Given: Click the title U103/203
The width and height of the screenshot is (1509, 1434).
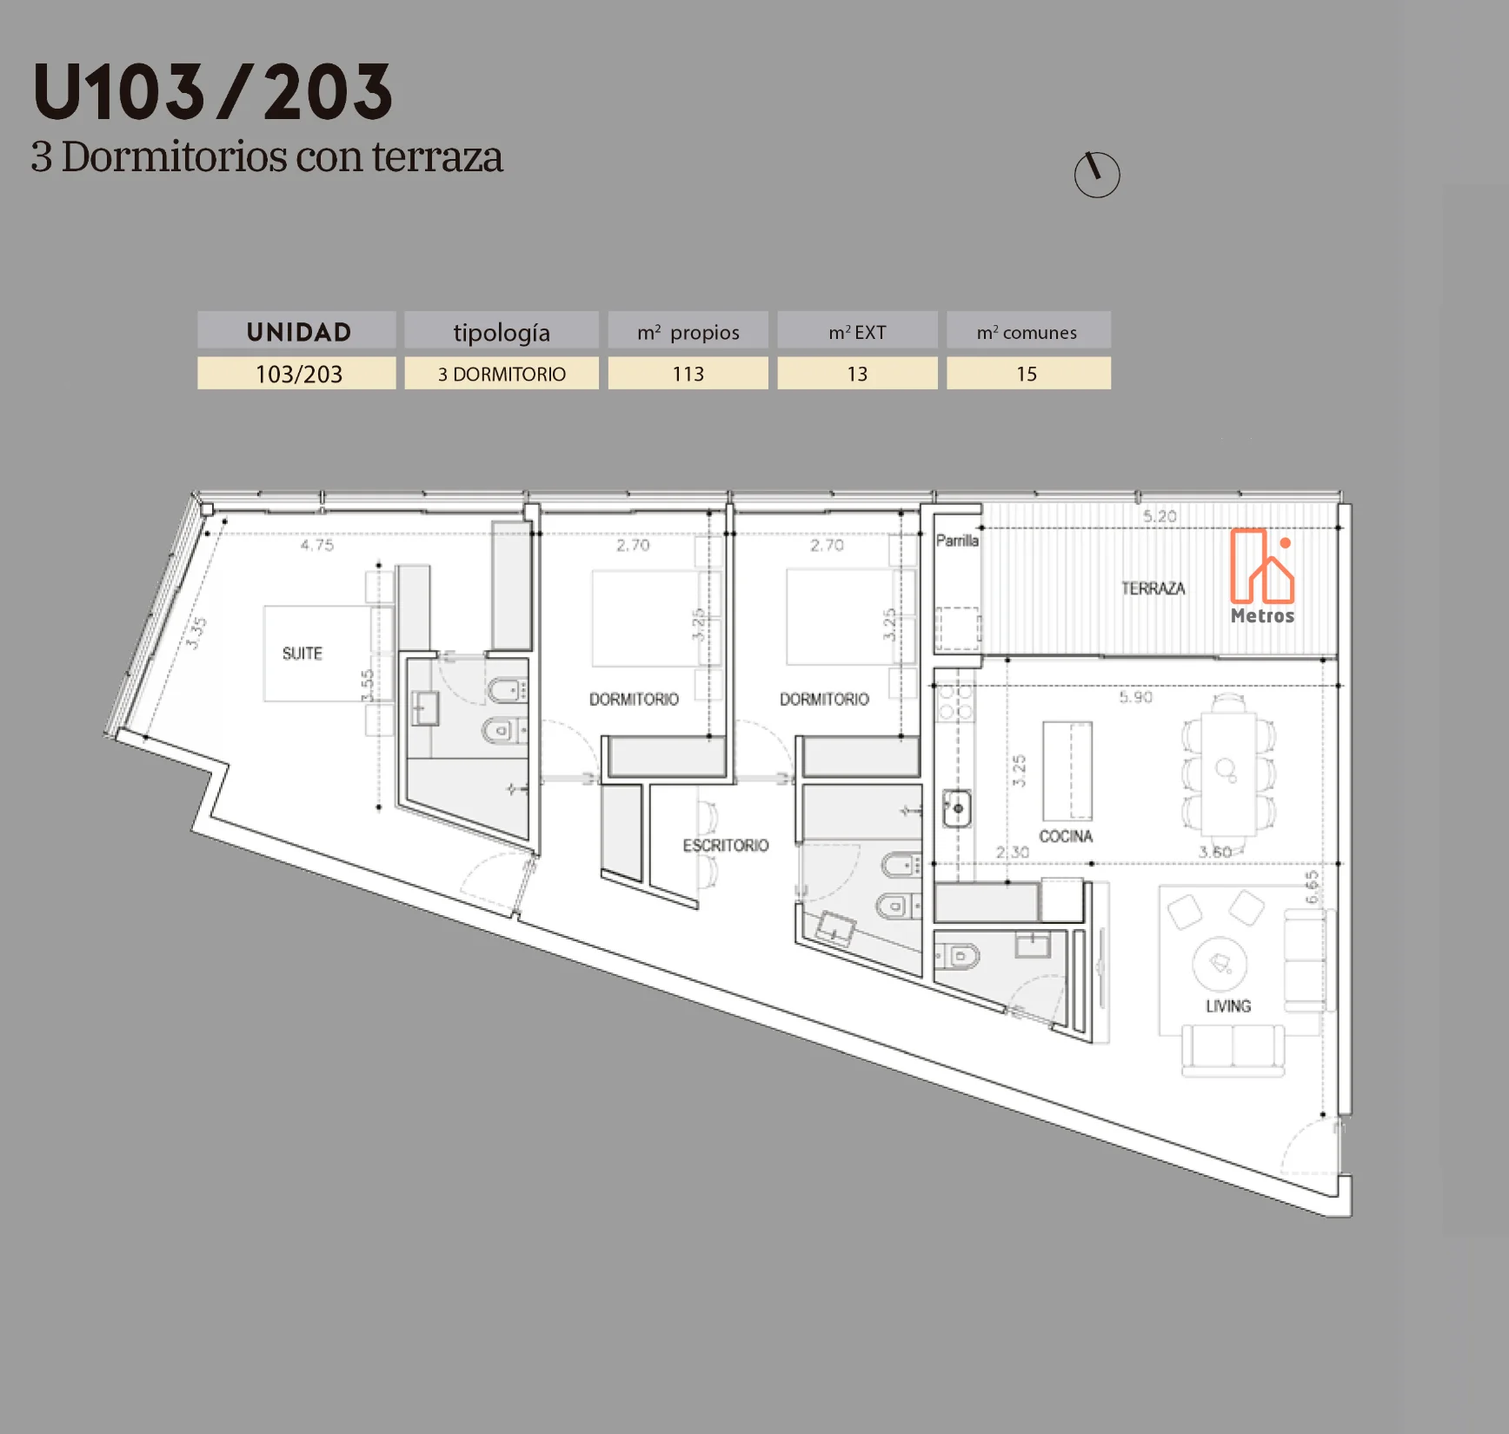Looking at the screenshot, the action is [x=213, y=91].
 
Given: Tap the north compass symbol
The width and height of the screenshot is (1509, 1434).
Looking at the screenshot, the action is [x=1097, y=175].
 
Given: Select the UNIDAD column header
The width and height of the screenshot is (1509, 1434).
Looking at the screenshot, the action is [x=297, y=330].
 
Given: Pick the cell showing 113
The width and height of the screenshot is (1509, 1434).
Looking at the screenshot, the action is [x=688, y=374].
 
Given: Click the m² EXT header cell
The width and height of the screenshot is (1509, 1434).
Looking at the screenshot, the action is [x=857, y=330].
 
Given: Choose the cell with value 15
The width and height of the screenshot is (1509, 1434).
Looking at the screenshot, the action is [x=1028, y=374].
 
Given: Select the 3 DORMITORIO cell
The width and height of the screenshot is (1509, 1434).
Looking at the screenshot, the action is [x=502, y=374].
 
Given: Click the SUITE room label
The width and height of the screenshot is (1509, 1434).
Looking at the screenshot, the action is [x=302, y=654].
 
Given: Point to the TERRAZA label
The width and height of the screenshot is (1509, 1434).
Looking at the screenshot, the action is [x=1153, y=588].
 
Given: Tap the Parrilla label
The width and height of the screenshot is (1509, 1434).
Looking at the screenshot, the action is [x=957, y=541].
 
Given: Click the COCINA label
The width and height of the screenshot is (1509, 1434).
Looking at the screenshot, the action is [x=1066, y=836].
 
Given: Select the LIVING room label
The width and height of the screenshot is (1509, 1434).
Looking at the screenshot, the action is [x=1228, y=1006].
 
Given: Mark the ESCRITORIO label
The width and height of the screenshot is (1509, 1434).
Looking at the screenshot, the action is [x=726, y=846].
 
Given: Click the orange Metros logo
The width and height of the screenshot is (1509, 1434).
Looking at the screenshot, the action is [x=1262, y=576].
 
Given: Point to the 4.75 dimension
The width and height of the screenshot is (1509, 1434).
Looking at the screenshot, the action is [x=317, y=545].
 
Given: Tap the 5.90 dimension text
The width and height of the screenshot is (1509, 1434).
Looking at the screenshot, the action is [x=1135, y=697].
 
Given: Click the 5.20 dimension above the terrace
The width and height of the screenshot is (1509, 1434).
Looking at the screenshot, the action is [x=1160, y=516].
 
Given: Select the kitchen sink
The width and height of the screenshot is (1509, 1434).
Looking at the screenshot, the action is [x=957, y=808].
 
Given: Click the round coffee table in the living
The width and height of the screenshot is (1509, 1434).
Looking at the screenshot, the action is [x=1220, y=964].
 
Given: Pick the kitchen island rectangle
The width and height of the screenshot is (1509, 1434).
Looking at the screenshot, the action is [x=1067, y=771].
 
